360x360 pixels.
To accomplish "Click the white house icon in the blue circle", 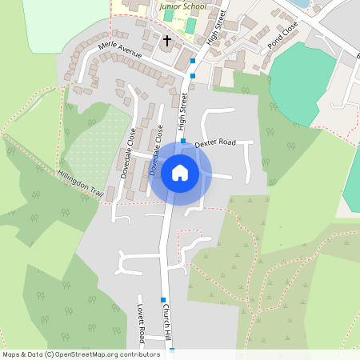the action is tap(180, 172).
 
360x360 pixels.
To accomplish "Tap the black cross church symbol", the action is tap(168, 40).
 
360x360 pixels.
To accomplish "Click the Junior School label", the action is tap(182, 6).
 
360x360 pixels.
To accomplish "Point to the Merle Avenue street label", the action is tap(119, 51).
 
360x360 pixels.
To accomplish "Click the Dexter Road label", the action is tap(215, 142).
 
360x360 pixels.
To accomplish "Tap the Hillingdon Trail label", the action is tap(81, 183).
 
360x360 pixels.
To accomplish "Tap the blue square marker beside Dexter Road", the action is tap(183, 141).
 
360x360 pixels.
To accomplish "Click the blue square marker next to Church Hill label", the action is tap(162, 300).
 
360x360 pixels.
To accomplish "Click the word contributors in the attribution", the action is tap(138, 354).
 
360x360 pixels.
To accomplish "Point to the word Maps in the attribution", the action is tap(11, 354).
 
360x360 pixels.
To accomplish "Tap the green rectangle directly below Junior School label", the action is tap(190, 25).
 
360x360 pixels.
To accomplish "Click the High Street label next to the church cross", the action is tap(213, 29).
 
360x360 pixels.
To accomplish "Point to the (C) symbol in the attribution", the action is tap(49, 354).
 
